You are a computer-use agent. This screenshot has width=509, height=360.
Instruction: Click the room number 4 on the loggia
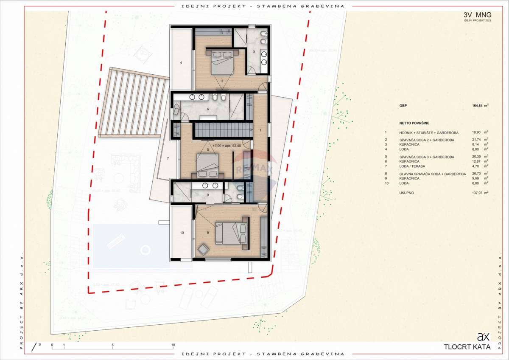click(x=181, y=63)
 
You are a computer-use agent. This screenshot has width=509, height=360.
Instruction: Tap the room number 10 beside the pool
click(x=182, y=233)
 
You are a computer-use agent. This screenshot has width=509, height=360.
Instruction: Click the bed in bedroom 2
click(x=221, y=63)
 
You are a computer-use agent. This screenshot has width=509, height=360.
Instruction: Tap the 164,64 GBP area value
click(x=480, y=106)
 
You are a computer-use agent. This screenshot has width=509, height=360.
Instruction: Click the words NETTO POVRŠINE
click(x=414, y=123)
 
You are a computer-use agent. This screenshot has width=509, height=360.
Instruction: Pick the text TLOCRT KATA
click(x=467, y=347)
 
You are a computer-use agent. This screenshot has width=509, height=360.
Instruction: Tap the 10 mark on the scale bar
click(x=173, y=345)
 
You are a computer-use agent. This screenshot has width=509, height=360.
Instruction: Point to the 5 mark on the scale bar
click(x=112, y=345)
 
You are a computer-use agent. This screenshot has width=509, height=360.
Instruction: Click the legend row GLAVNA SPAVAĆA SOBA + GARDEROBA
click(x=432, y=174)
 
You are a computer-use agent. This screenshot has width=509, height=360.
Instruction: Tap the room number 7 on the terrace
click(x=168, y=158)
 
